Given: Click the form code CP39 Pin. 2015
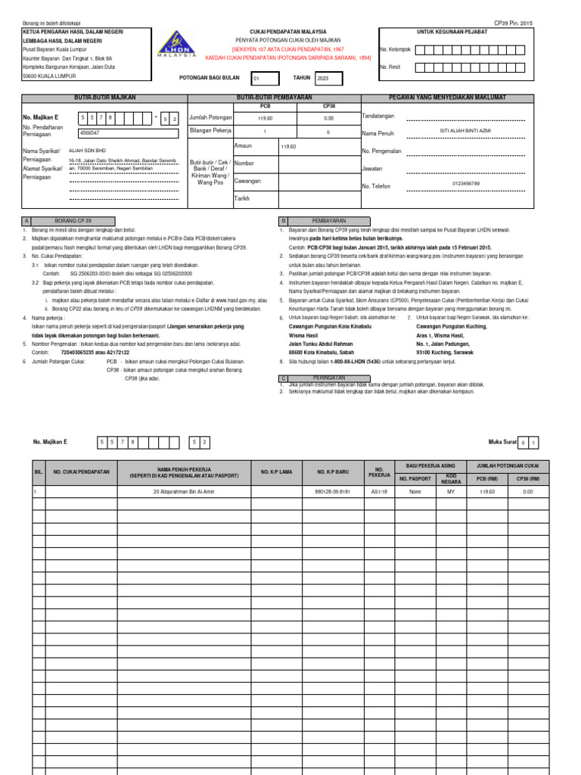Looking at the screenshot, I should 514,24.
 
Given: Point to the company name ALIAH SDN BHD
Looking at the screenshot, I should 88,151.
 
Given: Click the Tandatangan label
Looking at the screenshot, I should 378,116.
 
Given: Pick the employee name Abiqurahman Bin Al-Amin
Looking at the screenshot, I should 185,491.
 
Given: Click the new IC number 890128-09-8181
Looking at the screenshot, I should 331,491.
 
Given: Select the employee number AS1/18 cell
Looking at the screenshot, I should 380,491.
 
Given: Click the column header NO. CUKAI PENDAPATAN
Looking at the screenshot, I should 82,472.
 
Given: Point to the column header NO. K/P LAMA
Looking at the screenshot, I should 276,472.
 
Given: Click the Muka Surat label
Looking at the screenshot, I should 504,442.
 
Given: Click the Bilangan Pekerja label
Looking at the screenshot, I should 210,132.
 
